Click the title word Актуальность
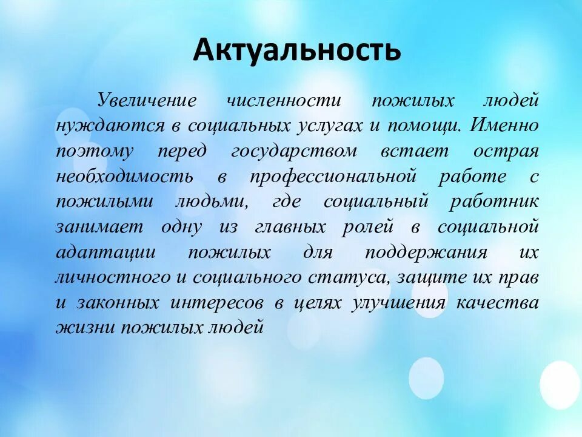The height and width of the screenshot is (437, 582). [x=296, y=50]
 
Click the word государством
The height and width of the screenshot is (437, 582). [x=294, y=151]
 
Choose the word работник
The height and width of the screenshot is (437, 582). [x=493, y=202]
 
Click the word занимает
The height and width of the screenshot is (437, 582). [x=100, y=227]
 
